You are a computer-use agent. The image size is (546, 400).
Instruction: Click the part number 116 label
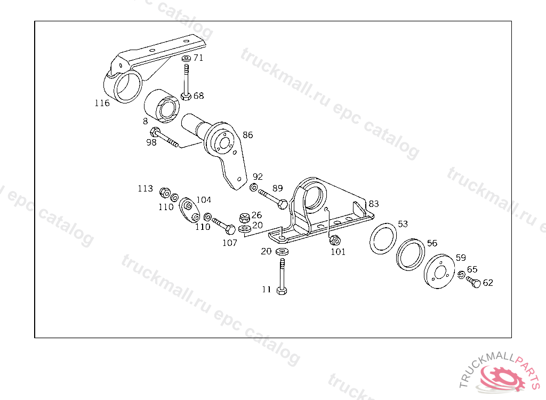point(102,103)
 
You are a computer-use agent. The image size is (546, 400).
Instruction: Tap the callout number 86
point(248,135)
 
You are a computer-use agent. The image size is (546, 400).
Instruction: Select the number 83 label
point(374,204)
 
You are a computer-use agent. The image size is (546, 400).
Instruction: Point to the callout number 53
point(403,224)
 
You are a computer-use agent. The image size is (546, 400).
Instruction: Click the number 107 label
point(230,243)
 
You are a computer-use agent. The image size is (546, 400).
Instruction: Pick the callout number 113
point(145,189)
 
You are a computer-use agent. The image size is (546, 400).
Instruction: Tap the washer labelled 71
point(186,58)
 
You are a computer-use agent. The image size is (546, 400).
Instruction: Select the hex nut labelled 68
point(186,97)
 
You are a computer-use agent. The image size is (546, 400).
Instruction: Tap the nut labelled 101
point(335,241)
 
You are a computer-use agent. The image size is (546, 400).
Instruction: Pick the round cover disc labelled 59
point(439,273)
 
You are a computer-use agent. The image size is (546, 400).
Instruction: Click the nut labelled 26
point(244,217)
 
